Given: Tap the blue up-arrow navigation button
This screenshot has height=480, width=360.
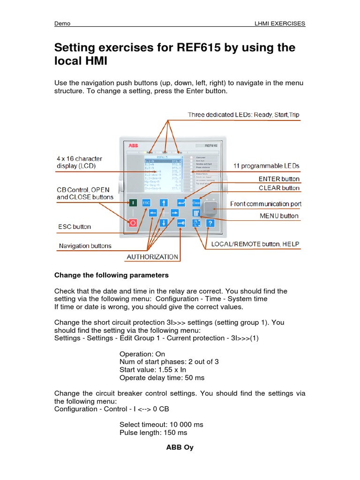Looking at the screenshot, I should pos(164,202).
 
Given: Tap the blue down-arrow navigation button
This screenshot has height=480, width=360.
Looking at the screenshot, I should pos(164,223).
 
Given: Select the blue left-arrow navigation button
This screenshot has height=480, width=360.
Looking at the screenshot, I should pos(153,213).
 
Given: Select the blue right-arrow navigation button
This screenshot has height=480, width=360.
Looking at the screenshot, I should pos(174,213).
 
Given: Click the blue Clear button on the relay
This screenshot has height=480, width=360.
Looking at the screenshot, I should pos(196,202).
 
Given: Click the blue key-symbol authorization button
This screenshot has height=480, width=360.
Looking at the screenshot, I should pos(181,223).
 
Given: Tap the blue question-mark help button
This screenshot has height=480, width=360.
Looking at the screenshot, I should pos(210,223).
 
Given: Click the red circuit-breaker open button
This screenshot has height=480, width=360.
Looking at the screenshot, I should pos(133,223).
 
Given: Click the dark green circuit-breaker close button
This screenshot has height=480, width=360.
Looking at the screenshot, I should pos(133,202).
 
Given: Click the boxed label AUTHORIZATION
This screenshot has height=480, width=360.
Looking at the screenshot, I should pos(153,256).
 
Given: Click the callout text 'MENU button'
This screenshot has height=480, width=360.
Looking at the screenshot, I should pos(279,216).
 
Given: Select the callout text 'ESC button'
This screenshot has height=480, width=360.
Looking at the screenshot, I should pos(75,226).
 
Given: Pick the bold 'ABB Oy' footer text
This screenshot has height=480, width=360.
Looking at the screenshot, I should pos(180,447).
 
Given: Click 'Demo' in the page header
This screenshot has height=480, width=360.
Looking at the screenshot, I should pos(62,23).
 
